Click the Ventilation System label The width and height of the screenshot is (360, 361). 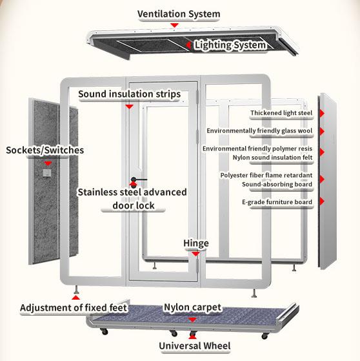tap(179, 14)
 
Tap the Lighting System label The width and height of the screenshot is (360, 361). tap(230, 45)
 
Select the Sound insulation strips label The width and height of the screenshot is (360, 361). tap(129, 94)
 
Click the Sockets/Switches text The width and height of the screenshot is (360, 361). tap(45, 150)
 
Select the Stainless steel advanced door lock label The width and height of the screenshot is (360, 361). tap(132, 199)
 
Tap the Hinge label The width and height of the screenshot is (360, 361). tap(195, 243)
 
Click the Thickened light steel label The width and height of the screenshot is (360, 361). tap(281, 114)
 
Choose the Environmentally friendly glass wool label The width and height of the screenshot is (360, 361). tap(259, 131)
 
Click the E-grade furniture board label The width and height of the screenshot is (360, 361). tap(277, 202)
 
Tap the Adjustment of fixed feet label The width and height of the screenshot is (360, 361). tap(74, 307)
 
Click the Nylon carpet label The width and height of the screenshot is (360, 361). tap(192, 307)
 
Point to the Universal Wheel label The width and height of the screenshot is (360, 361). tap(194, 347)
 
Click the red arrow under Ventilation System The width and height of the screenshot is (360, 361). tap(174, 25)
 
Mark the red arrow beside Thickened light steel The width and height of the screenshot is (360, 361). tap(321, 114)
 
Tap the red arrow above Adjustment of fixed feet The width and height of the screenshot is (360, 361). tap(76, 297)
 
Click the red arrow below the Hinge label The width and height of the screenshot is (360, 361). tap(194, 254)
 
